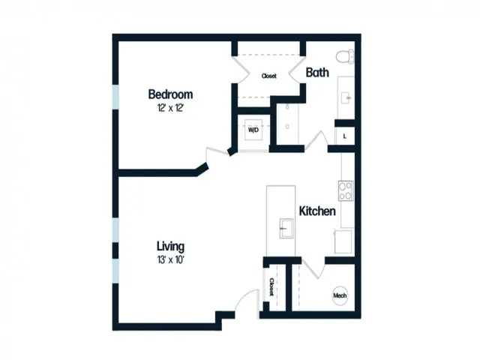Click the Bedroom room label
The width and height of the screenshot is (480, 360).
[x=170, y=94]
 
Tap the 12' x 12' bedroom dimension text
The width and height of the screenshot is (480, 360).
[x=170, y=108]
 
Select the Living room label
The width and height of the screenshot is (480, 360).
[x=170, y=246]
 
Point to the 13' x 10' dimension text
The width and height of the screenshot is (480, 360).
[x=170, y=260]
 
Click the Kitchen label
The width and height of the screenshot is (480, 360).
[x=317, y=211]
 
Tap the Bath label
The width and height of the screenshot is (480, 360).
[x=317, y=73]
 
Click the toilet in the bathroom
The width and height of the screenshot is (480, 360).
[x=345, y=57]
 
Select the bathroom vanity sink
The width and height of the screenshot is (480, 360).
[x=346, y=97]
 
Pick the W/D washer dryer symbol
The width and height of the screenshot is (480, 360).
[x=253, y=130]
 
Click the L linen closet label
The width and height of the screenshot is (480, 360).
[x=345, y=136]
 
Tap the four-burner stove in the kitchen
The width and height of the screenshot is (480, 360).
[x=346, y=190]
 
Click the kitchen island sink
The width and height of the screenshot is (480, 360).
[x=286, y=228]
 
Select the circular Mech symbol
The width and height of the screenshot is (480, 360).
[x=340, y=295]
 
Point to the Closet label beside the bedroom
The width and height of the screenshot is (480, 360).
[x=269, y=76]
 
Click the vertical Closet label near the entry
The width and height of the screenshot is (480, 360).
[x=271, y=286]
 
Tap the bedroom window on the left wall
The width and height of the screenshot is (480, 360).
[x=115, y=97]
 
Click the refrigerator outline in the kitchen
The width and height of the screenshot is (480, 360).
[x=343, y=241]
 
